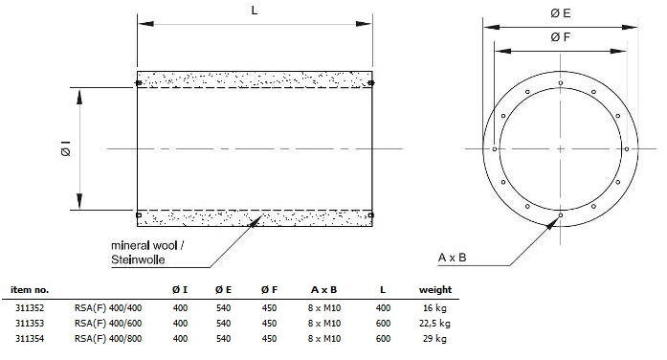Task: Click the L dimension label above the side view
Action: pyautogui.click(x=255, y=11)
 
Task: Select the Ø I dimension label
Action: pyautogui.click(x=66, y=148)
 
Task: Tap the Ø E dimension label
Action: pyautogui.click(x=560, y=13)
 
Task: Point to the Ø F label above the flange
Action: pyautogui.click(x=560, y=37)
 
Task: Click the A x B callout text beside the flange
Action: pyautogui.click(x=453, y=258)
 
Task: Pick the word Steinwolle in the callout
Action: pyautogui.click(x=138, y=259)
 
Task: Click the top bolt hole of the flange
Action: pyautogui.click(x=561, y=82)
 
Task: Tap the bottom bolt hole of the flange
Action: pyautogui.click(x=561, y=215)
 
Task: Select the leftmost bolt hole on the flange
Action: pyautogui.click(x=495, y=149)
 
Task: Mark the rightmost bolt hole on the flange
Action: pyautogui.click(x=627, y=149)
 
